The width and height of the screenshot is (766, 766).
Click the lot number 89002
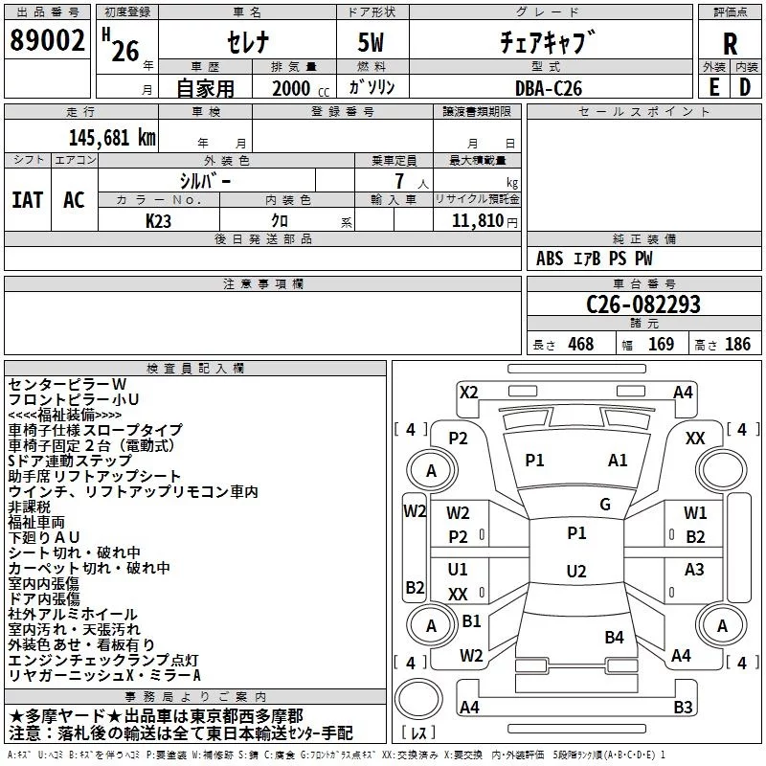tap(47, 40)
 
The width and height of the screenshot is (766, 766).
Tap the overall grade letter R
tap(730, 44)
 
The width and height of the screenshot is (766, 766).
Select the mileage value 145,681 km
tap(112, 138)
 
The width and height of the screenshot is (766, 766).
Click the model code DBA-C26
tap(549, 88)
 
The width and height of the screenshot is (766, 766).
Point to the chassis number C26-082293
tap(643, 304)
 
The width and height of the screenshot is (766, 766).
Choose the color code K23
tap(158, 221)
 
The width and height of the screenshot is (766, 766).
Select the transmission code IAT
tap(28, 200)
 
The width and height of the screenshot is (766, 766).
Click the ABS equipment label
tap(550, 259)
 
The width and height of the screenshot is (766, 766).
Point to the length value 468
tap(581, 344)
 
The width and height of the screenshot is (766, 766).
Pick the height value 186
tap(737, 344)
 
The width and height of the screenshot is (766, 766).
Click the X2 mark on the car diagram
tap(468, 393)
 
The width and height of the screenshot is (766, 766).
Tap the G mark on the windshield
tap(605, 505)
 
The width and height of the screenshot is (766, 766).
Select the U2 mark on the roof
tap(576, 571)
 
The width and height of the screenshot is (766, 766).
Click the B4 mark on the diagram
tap(614, 637)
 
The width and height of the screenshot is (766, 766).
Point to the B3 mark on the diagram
tap(683, 707)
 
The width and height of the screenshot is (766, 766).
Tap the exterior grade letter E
tap(714, 87)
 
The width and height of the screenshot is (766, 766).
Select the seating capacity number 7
tap(399, 181)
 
